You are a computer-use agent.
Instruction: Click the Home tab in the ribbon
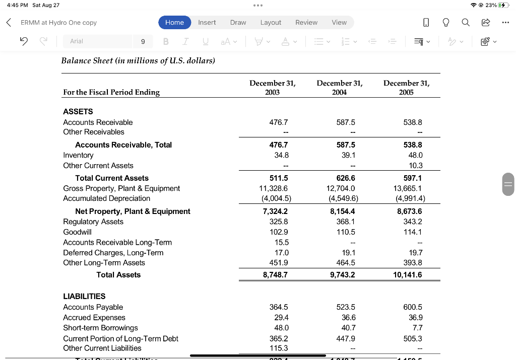(x=174, y=23)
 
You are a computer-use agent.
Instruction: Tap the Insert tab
(x=207, y=23)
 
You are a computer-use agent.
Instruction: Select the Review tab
(x=306, y=23)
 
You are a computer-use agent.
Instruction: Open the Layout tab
(x=271, y=23)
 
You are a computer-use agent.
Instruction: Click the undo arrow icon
(x=23, y=41)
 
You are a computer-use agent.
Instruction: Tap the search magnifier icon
(x=465, y=23)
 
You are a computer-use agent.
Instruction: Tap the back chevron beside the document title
(x=9, y=23)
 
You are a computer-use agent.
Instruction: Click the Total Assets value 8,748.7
(x=275, y=275)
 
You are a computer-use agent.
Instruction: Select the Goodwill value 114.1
(x=412, y=232)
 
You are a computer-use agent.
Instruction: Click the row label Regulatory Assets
(x=93, y=222)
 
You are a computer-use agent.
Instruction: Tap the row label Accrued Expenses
(x=94, y=317)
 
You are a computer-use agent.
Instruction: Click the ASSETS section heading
(x=78, y=111)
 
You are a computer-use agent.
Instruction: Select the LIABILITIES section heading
(x=84, y=296)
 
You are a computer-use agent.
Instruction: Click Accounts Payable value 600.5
(x=413, y=307)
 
